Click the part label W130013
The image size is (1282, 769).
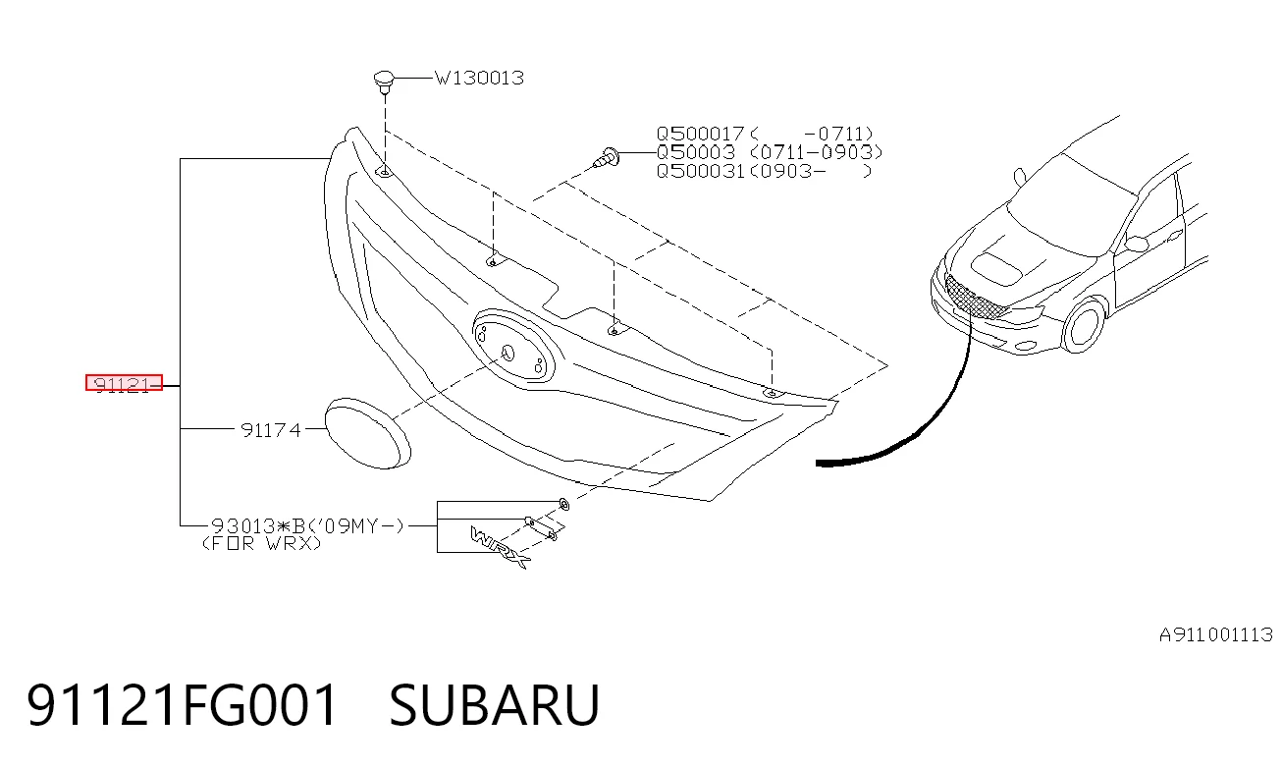[479, 78]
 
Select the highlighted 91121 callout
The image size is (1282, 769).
[125, 383]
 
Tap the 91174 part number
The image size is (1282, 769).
[271, 429]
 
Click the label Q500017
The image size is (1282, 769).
[700, 134]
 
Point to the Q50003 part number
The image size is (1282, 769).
[695, 152]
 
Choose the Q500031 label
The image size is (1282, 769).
[700, 171]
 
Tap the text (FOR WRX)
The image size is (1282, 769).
[262, 543]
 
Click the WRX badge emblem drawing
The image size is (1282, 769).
[499, 547]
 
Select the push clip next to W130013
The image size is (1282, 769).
[384, 82]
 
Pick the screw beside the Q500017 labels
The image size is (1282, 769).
[607, 157]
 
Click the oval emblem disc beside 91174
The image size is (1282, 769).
[368, 433]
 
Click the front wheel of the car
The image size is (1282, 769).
[1084, 325]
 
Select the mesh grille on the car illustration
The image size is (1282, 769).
[976, 298]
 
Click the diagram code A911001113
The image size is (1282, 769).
[1215, 635]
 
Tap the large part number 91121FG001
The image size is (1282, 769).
[182, 704]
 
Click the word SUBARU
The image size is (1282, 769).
[494, 704]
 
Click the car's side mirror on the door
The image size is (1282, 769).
[1136, 244]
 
